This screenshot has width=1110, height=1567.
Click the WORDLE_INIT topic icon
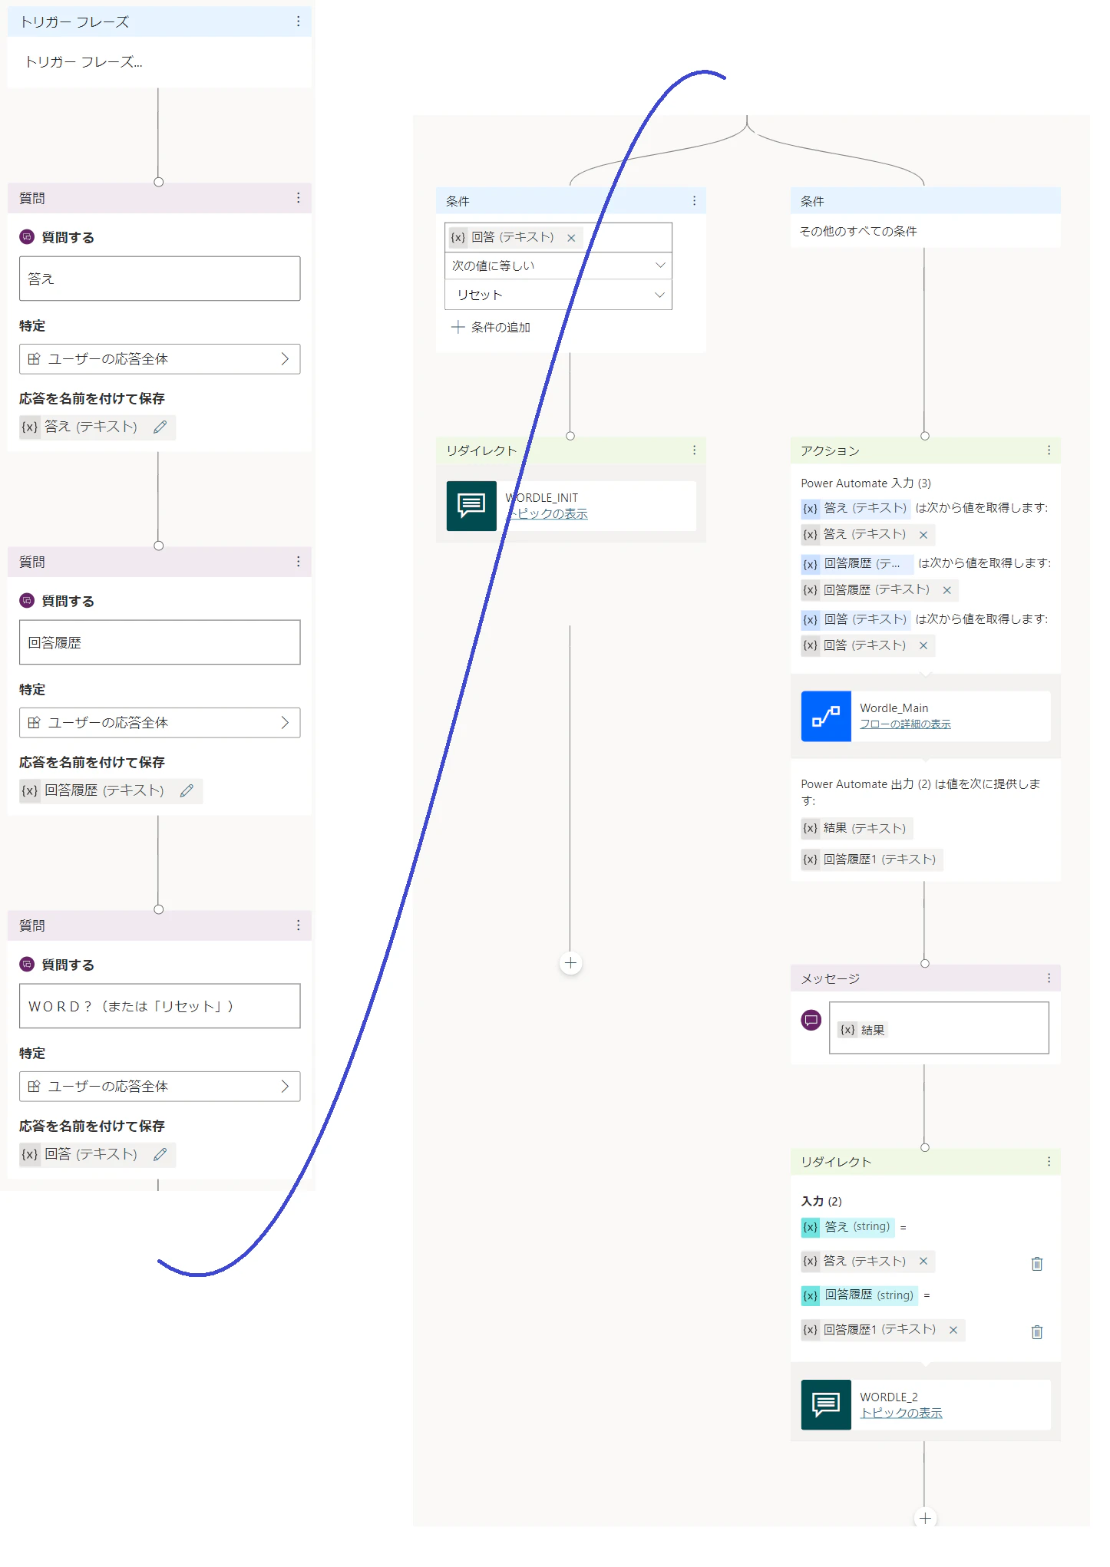pyautogui.click(x=471, y=506)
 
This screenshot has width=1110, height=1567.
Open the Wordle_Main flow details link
pyautogui.click(x=905, y=724)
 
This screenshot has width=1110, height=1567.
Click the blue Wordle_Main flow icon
pyautogui.click(x=826, y=716)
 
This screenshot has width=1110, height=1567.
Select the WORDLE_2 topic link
pyautogui.click(x=901, y=1413)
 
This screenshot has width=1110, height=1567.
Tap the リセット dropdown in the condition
pyautogui.click(x=558, y=295)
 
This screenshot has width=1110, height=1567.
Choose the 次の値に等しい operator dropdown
pyautogui.click(x=558, y=266)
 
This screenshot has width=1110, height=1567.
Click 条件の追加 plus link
pyautogui.click(x=491, y=327)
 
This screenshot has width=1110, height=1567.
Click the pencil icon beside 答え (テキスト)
pyautogui.click(x=160, y=427)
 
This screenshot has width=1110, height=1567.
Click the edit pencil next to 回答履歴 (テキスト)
pyautogui.click(x=187, y=790)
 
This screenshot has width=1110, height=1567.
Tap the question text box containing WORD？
pyautogui.click(x=160, y=1006)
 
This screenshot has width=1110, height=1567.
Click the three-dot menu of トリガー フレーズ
pyautogui.click(x=298, y=21)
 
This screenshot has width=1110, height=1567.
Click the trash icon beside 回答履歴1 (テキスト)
pyautogui.click(x=1036, y=1331)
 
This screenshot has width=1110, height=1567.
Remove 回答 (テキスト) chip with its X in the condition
pyautogui.click(x=571, y=238)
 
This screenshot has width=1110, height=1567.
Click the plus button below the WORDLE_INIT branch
pyautogui.click(x=570, y=963)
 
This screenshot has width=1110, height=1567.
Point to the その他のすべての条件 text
pyautogui.click(x=858, y=231)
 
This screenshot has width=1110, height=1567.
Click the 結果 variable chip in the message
pyautogui.click(x=862, y=1030)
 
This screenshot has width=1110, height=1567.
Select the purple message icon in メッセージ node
pyautogui.click(x=811, y=1020)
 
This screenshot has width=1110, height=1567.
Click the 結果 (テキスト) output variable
pyautogui.click(x=854, y=828)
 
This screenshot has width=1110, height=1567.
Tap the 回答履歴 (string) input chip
pyautogui.click(x=859, y=1295)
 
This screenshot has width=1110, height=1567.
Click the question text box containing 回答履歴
pyautogui.click(x=160, y=642)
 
